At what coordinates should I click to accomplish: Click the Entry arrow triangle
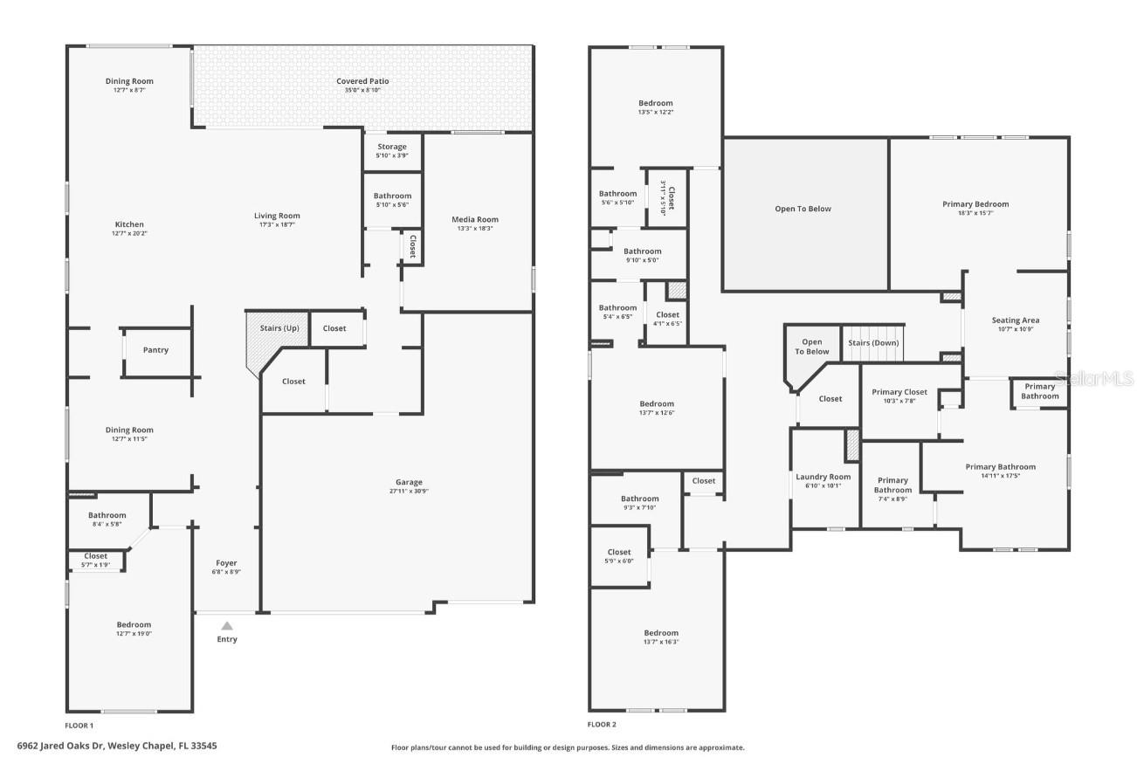tap(226, 625)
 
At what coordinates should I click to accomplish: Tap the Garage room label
tap(409, 482)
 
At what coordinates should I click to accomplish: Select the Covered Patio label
tap(362, 81)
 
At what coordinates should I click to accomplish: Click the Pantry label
tap(155, 350)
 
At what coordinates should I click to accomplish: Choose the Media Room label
tap(474, 219)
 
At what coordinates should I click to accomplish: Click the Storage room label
tap(392, 147)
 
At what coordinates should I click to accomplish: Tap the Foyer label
tap(226, 563)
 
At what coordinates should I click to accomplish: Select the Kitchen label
tap(129, 224)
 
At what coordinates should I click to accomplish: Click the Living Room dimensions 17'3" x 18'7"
tap(277, 224)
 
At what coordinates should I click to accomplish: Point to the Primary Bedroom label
tap(975, 204)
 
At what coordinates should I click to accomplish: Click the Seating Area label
tap(1015, 320)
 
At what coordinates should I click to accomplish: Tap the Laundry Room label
tap(823, 477)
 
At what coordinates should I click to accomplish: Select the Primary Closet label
tap(899, 392)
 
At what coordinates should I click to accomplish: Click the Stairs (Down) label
tap(873, 343)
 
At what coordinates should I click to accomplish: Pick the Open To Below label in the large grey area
tap(803, 209)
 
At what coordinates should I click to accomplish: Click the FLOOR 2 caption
tap(602, 725)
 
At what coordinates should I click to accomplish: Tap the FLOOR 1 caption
tap(79, 725)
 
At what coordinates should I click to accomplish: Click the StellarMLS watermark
tap(1093, 378)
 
